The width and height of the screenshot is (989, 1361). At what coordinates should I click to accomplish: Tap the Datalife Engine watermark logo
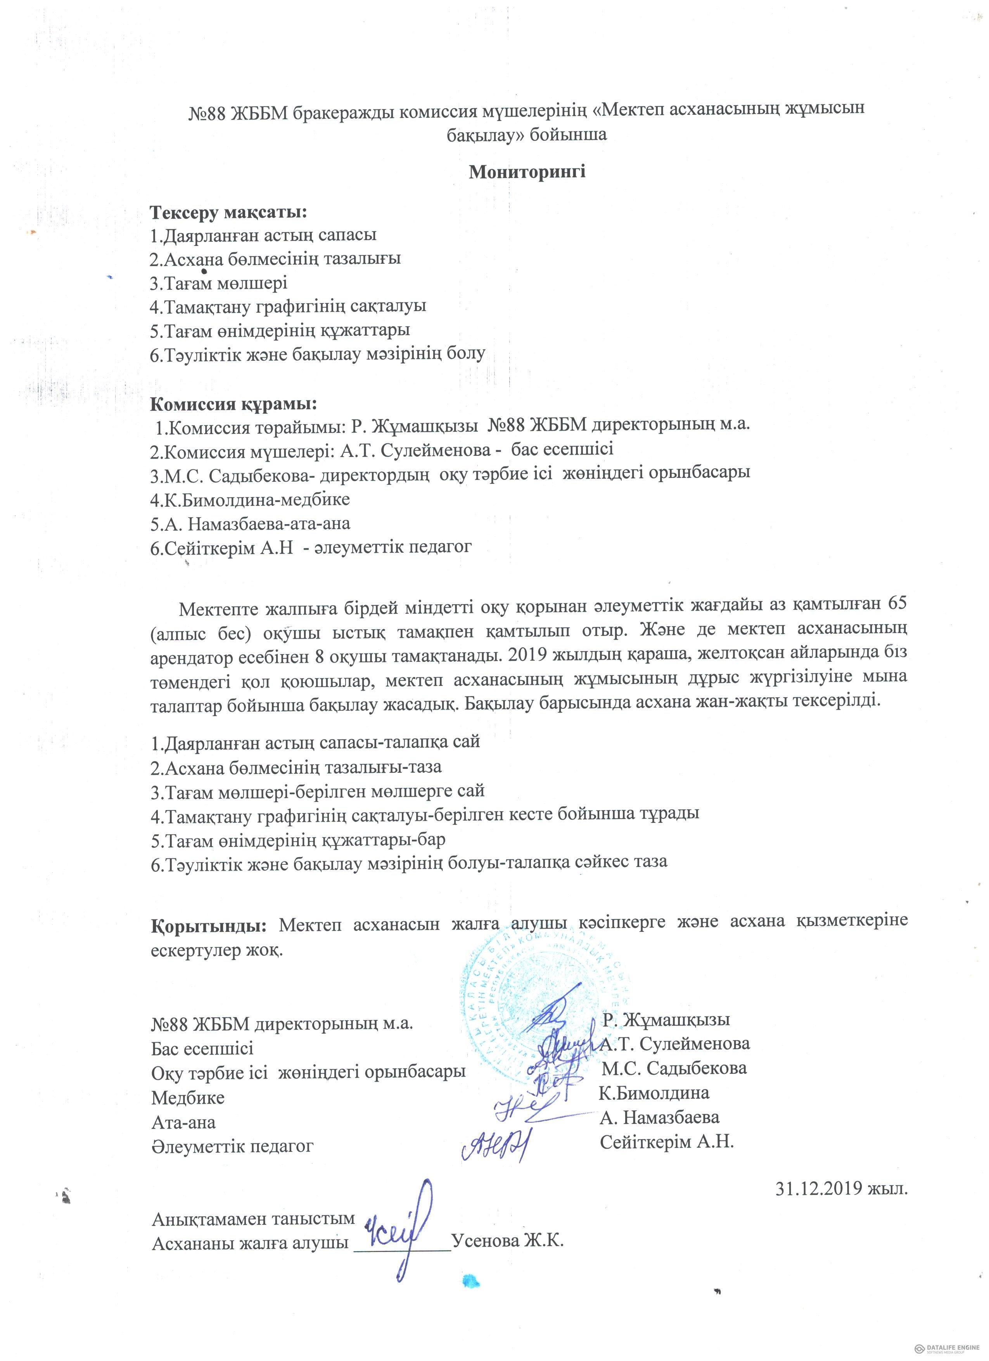pyautogui.click(x=947, y=1349)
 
